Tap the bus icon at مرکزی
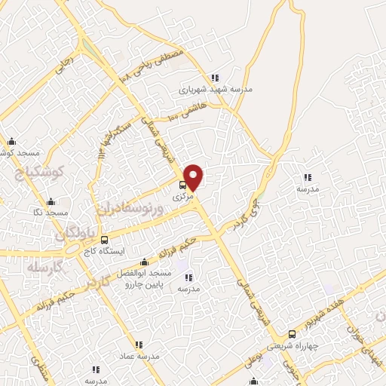coord(182,185)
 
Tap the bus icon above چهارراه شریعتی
coord(292,333)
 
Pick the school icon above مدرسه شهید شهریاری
coord(215,77)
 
